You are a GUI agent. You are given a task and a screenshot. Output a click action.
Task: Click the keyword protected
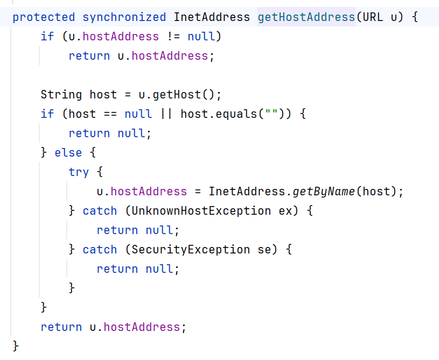pos(44,17)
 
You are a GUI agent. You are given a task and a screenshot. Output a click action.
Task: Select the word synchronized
pos(124,17)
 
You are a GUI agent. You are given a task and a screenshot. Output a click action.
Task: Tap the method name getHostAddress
pos(306,17)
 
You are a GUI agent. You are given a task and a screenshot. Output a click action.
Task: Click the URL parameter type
pos(373,17)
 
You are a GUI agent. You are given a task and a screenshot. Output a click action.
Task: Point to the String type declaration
pos(61,95)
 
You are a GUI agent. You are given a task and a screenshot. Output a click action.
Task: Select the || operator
pos(166,114)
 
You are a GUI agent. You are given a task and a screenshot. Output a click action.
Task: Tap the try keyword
pos(79,172)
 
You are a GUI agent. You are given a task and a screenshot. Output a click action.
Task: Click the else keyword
pos(68,153)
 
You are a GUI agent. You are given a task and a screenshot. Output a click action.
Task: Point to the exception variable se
pos(264,250)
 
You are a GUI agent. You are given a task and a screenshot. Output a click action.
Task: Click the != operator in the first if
pos(173,37)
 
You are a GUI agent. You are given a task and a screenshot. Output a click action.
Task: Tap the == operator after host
pos(110,114)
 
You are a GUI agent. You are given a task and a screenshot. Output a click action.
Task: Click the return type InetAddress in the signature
pos(212,17)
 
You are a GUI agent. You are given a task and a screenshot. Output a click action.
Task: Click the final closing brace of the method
pos(16,345)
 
